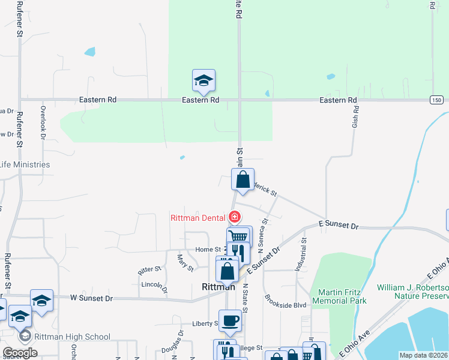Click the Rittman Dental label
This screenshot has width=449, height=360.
tap(197, 217)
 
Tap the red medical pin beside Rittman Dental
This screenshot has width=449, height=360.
tap(235, 217)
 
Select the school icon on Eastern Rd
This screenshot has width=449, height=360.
tap(204, 81)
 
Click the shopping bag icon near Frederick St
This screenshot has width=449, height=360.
tap(243, 180)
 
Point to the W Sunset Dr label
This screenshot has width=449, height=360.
tap(91, 298)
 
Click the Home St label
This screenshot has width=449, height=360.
tap(208, 250)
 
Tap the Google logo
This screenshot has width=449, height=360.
tap(20, 352)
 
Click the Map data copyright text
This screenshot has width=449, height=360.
tap(423, 355)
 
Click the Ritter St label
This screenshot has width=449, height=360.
tap(150, 270)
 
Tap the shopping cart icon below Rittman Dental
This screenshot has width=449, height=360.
tap(238, 236)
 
